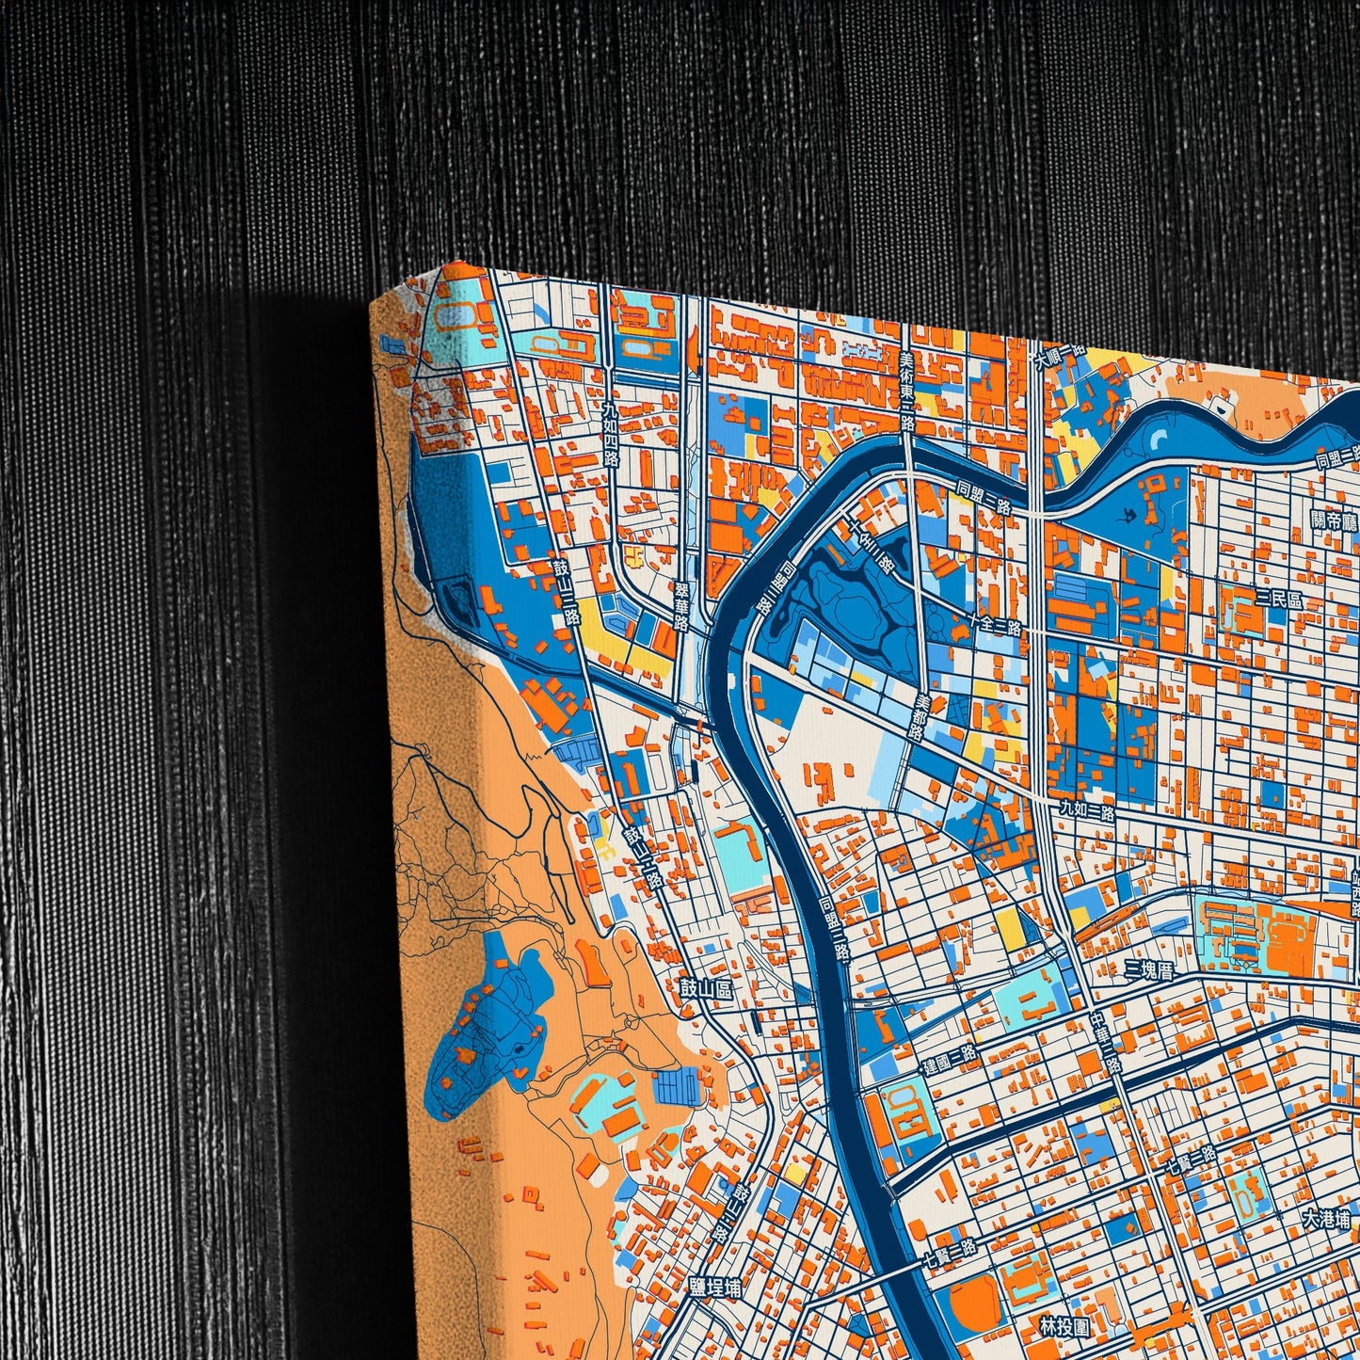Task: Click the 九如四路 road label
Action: (611, 434)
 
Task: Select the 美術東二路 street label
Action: (906, 390)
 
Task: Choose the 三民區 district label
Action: (1278, 599)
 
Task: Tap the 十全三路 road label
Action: (995, 623)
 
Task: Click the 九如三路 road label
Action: (1086, 808)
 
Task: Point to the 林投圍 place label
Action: (1064, 1327)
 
